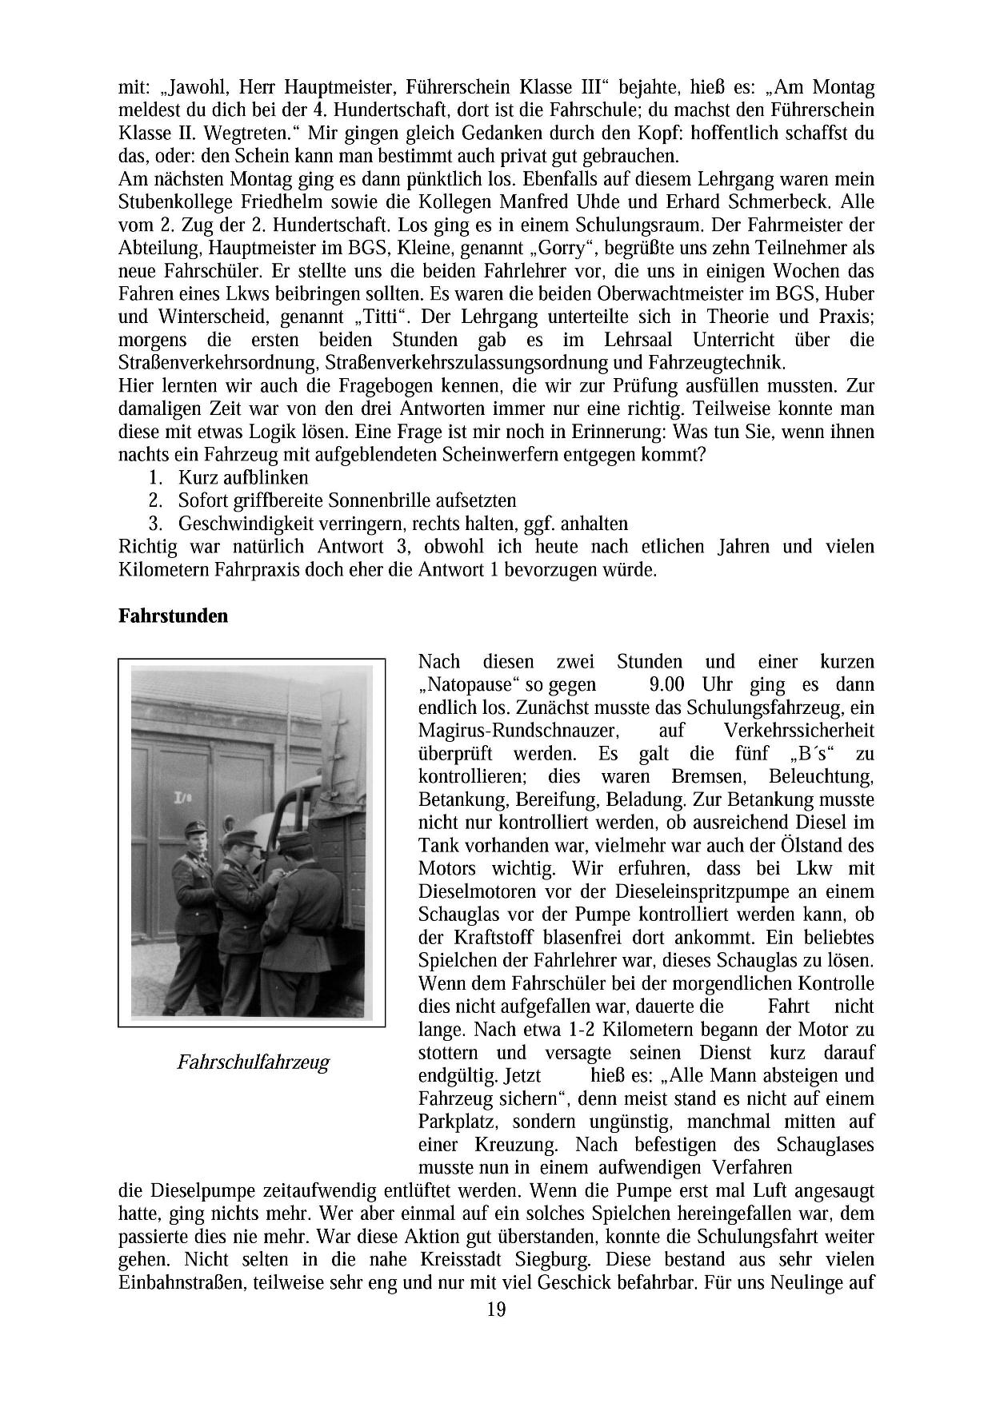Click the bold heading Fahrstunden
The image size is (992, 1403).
tap(173, 616)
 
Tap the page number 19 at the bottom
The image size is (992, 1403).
tap(496, 1309)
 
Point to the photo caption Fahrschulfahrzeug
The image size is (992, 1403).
tap(253, 1062)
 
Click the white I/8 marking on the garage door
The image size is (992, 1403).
tap(180, 797)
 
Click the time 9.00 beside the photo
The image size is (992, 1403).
tap(666, 685)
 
